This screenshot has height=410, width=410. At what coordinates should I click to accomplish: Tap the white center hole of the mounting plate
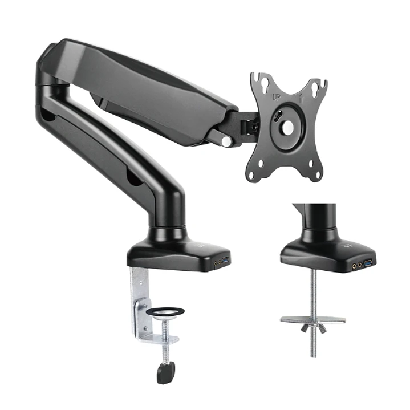288,128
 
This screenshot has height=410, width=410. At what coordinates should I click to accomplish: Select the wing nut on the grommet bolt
313,328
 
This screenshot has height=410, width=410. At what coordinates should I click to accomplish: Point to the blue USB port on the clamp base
224,262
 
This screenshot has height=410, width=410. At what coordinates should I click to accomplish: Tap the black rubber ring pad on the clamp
165,311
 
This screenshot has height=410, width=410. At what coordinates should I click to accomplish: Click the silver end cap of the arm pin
226,140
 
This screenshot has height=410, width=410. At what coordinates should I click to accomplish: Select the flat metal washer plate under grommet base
313,320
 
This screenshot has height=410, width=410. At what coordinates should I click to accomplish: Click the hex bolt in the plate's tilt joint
275,117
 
